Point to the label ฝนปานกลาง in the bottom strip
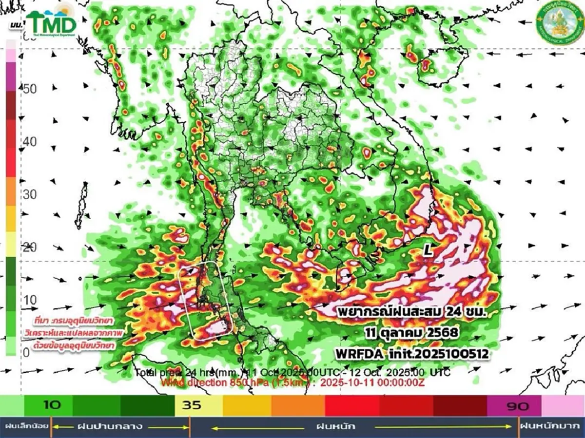[103, 427]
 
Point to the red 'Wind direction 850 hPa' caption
[292, 382]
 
